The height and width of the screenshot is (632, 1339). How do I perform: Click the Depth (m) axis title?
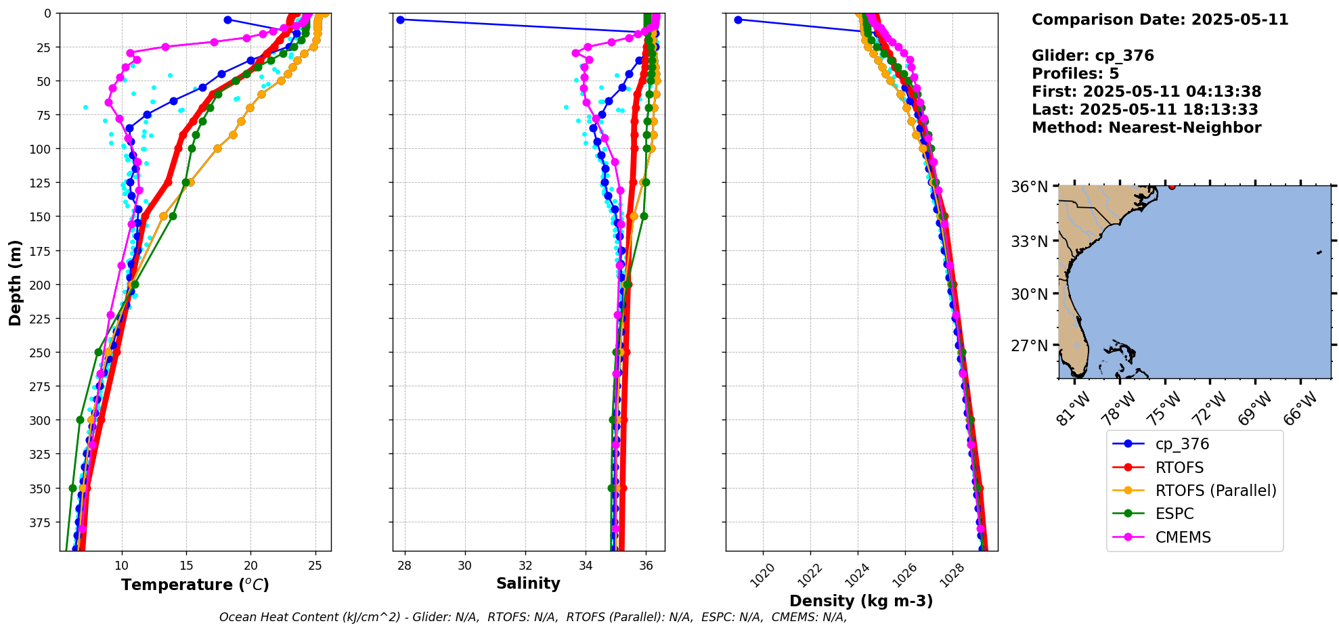tap(15, 282)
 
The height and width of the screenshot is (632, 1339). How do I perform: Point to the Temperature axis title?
tap(195, 585)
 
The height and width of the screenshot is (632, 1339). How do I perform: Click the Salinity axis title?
tap(528, 583)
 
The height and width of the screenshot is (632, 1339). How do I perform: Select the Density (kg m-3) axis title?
tap(861, 601)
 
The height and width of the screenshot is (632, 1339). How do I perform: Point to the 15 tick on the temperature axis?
tap(186, 566)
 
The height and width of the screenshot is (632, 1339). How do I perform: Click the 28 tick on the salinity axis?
tap(404, 566)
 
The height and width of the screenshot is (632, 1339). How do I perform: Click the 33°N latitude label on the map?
tap(1029, 242)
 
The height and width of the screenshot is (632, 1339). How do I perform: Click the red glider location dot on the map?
tap(1172, 186)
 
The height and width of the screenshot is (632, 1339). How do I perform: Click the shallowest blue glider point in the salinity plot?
tap(400, 20)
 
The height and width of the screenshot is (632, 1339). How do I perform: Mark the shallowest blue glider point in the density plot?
tap(738, 20)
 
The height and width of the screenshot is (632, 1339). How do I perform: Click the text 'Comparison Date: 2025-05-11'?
tap(1160, 20)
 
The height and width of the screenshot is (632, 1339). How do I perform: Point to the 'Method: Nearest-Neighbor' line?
tap(1146, 128)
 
